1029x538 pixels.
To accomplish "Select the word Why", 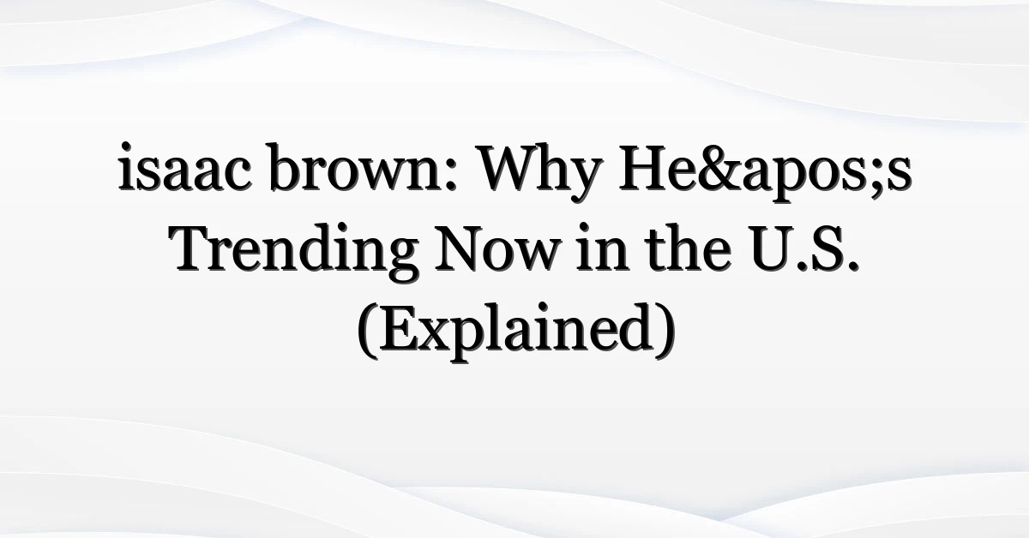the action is pos(539,173).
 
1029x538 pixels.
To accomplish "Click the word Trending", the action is pos(293,250).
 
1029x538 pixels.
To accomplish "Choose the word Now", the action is pos(497,249).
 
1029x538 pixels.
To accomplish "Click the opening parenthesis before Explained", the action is pos(367,332).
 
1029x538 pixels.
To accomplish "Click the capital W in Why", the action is pos(509,167).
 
